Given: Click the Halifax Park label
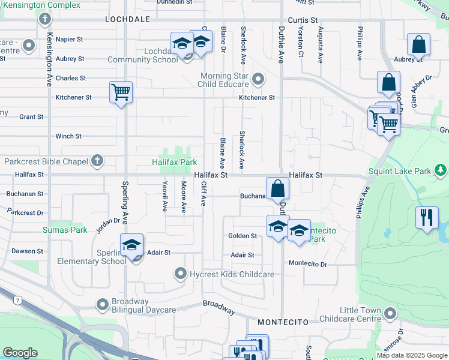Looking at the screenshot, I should pos(174,162).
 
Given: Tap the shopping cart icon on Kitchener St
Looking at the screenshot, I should pos(121,93).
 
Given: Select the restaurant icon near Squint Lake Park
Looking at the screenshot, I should pos(427,217).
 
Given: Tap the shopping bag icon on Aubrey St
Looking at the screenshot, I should pos(418,45).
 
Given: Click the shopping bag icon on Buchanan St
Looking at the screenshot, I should pos(277,188).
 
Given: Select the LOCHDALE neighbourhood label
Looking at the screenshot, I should pos(127,19).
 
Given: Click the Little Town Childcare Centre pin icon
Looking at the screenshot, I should pos(391,314).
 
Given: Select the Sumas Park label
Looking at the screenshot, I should pos(65,230).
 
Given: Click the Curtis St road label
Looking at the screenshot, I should pos(298,20).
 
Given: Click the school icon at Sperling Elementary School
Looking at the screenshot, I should pos(132,245).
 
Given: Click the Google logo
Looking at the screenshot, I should pos(20,353).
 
